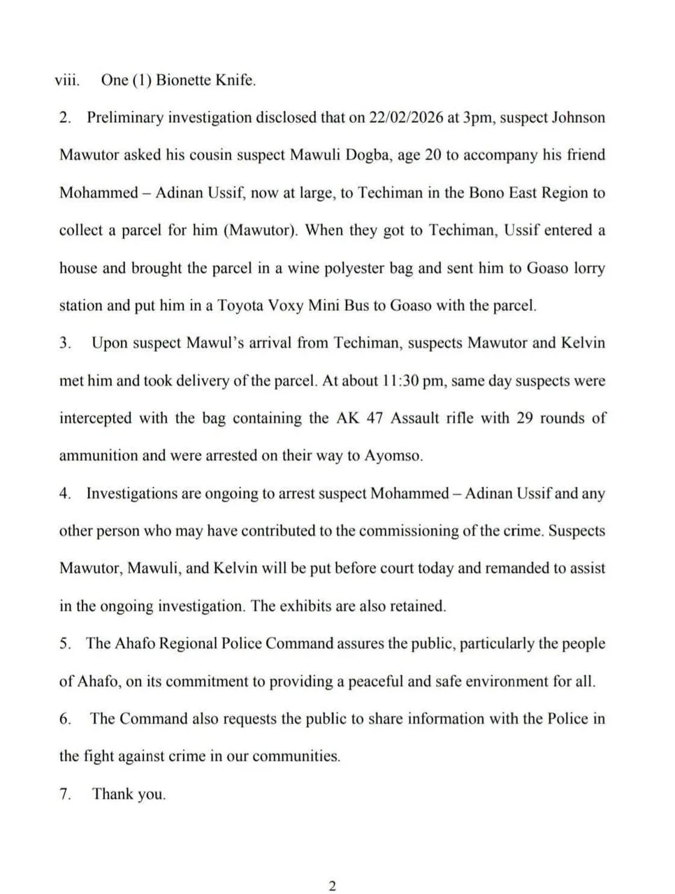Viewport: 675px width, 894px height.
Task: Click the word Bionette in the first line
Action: pos(182,80)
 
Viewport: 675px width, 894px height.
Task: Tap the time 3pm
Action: pos(475,117)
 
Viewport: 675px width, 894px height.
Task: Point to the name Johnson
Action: pos(579,117)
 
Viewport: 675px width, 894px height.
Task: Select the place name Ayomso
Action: pos(393,456)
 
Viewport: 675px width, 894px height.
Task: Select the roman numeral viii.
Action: pos(67,80)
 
